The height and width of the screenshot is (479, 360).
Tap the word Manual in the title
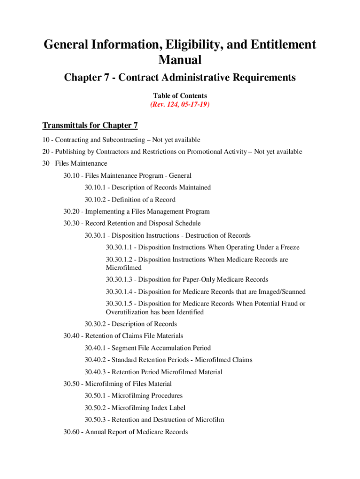pyautogui.click(x=180, y=60)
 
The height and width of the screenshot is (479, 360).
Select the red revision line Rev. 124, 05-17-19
pyautogui.click(x=180, y=105)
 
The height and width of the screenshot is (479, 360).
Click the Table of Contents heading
pyautogui.click(x=180, y=95)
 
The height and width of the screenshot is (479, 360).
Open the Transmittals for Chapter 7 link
pyautogui.click(x=90, y=125)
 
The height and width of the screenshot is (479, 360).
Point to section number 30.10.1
pyautogui.click(x=97, y=188)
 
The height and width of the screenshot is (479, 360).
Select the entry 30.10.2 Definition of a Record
pyautogui.click(x=130, y=200)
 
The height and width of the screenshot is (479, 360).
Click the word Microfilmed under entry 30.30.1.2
pyautogui.click(x=123, y=268)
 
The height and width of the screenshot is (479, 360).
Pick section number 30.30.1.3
pyautogui.click(x=120, y=280)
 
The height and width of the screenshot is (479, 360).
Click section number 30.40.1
pyautogui.click(x=97, y=348)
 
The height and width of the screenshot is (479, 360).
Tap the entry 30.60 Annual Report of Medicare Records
pyautogui.click(x=125, y=432)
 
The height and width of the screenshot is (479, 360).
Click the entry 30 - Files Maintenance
pyautogui.click(x=74, y=163)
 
